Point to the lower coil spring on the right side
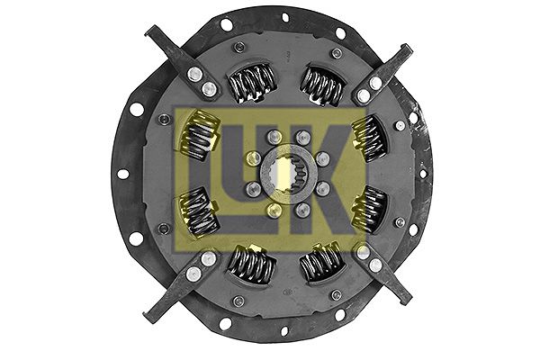pos(368,209)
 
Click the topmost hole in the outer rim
pos(284,17)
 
